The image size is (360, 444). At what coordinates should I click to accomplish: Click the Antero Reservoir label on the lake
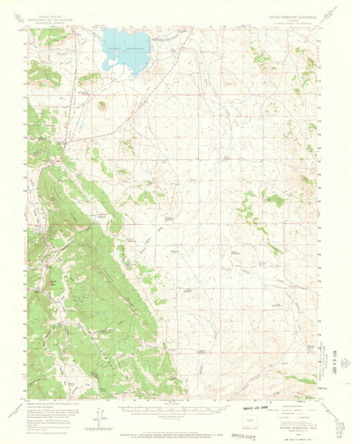(127, 48)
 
